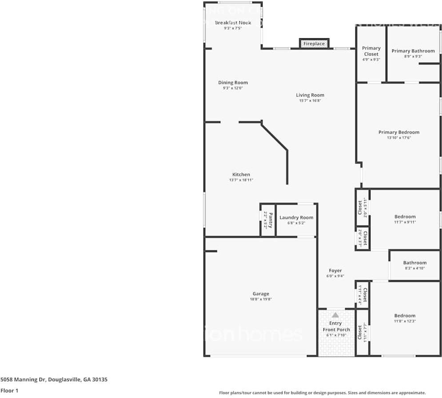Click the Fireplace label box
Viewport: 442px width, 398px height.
[314, 44]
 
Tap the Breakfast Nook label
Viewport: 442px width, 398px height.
[233, 23]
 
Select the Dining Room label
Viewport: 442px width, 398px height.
[233, 83]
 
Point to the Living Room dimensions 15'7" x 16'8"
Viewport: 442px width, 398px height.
[310, 101]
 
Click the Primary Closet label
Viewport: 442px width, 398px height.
[371, 51]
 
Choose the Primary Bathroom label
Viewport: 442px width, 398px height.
[413, 51]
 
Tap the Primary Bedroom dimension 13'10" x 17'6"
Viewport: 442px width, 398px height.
[398, 138]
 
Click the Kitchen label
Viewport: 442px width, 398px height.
[241, 175]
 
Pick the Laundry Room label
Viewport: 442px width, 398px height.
[296, 217]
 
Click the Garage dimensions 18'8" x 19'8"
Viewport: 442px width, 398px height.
[261, 299]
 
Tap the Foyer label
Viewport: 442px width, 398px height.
[335, 270]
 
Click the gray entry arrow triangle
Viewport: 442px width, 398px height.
[335, 314]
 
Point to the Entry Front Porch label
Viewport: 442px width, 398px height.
[336, 326]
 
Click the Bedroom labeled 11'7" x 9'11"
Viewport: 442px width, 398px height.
[405, 217]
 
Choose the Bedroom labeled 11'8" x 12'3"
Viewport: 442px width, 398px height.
[405, 316]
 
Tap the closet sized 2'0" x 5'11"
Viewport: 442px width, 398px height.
[362, 207]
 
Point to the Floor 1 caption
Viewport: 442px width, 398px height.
[9, 391]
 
